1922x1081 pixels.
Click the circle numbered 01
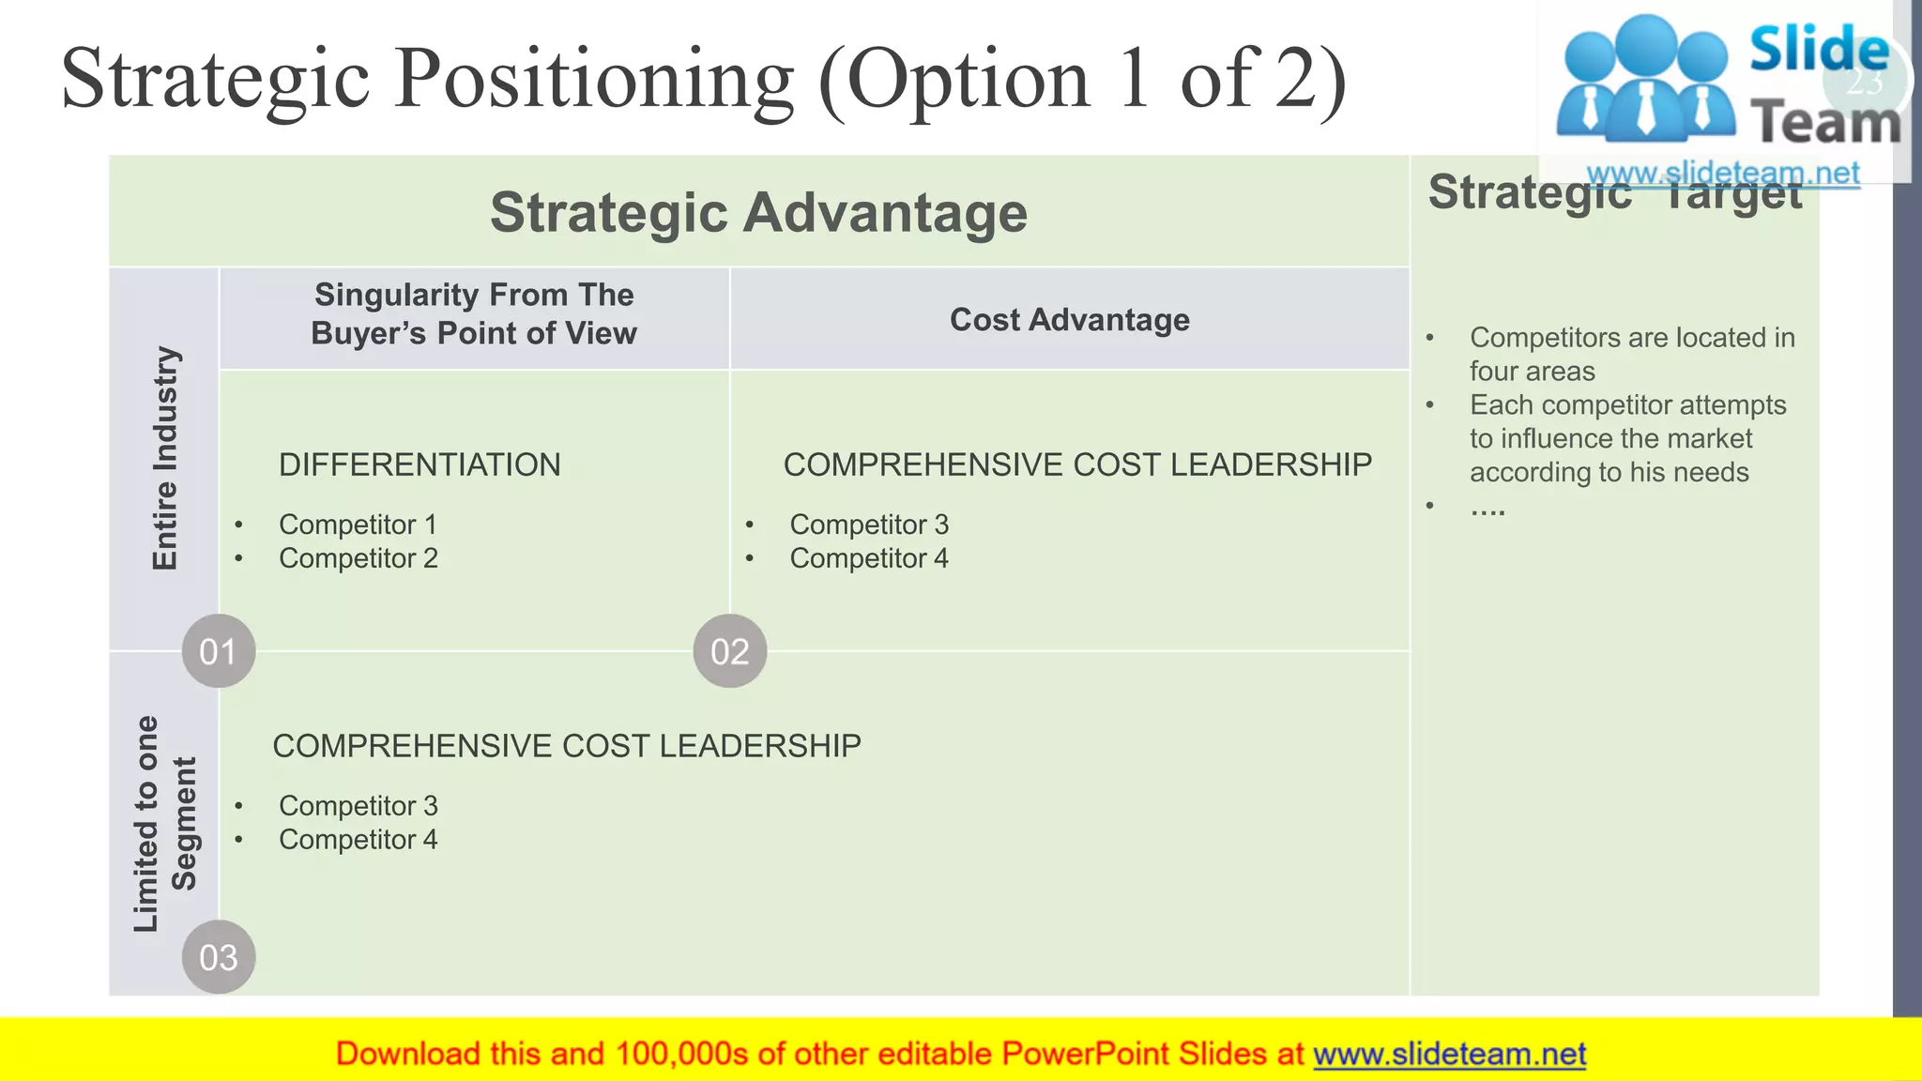click(218, 651)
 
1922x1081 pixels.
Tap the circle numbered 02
click(730, 651)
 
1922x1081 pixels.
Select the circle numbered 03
click(218, 957)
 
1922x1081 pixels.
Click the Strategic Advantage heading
click(758, 212)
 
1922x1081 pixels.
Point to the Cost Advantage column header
click(1069, 320)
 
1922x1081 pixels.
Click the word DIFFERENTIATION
click(419, 464)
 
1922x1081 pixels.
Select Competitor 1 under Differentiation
click(358, 525)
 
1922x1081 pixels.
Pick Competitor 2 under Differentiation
click(358, 558)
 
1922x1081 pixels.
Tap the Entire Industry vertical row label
click(165, 458)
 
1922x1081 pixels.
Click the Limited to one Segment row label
click(165, 824)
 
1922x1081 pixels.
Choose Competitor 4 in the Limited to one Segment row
click(358, 840)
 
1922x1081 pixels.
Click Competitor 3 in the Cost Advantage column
click(868, 525)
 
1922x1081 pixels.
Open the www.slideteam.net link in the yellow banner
click(1449, 1054)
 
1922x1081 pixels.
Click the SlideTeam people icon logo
click(1644, 80)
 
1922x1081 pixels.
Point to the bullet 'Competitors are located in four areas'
click(1631, 354)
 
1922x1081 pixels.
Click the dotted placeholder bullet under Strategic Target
click(1487, 508)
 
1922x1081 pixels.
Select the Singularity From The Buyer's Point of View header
click(474, 314)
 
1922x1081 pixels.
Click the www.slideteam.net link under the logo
click(1723, 174)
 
